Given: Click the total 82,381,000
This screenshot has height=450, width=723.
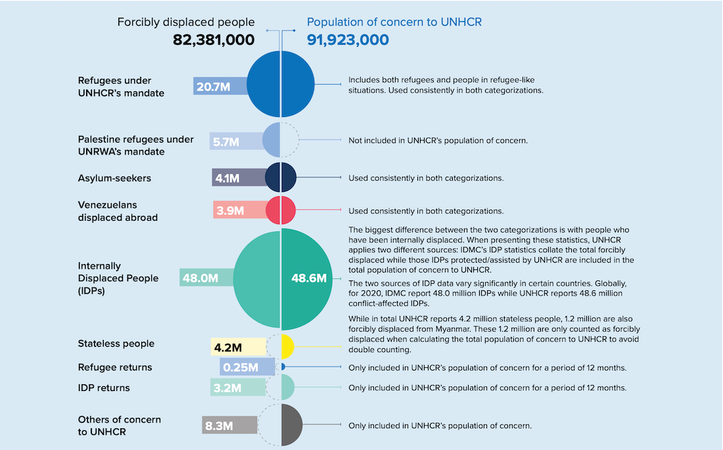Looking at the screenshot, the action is point(214,39).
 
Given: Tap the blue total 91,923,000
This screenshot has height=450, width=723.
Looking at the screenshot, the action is point(348,39).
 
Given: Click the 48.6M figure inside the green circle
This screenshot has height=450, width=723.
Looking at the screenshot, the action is point(309,278).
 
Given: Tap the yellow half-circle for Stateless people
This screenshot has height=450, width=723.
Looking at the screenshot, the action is point(287,347).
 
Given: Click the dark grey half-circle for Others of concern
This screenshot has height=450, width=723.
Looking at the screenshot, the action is point(291,425).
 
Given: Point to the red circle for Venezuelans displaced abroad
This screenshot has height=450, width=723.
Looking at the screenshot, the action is point(281,210).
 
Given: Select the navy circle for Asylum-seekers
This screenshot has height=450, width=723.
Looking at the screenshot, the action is point(281,177).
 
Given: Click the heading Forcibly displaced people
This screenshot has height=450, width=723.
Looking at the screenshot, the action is point(186,22).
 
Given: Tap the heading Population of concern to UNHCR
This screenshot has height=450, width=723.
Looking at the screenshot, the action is point(394,22).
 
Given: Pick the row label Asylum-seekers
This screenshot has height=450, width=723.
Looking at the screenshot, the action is point(114,179).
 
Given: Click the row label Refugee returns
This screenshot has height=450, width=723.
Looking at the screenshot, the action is point(115,367).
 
